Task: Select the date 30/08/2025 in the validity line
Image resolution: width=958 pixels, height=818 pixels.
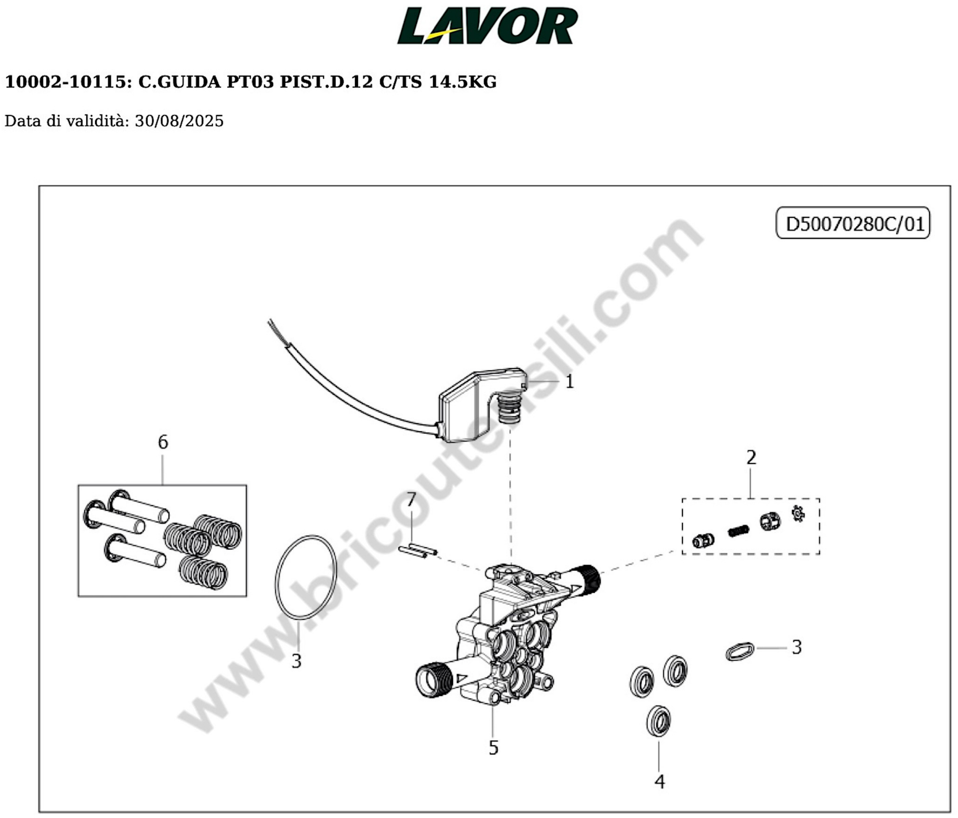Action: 179,121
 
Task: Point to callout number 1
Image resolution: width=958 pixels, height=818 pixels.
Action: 570,382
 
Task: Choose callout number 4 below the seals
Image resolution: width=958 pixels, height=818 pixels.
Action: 659,782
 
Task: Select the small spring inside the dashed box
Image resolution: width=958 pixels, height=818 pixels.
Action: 738,531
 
